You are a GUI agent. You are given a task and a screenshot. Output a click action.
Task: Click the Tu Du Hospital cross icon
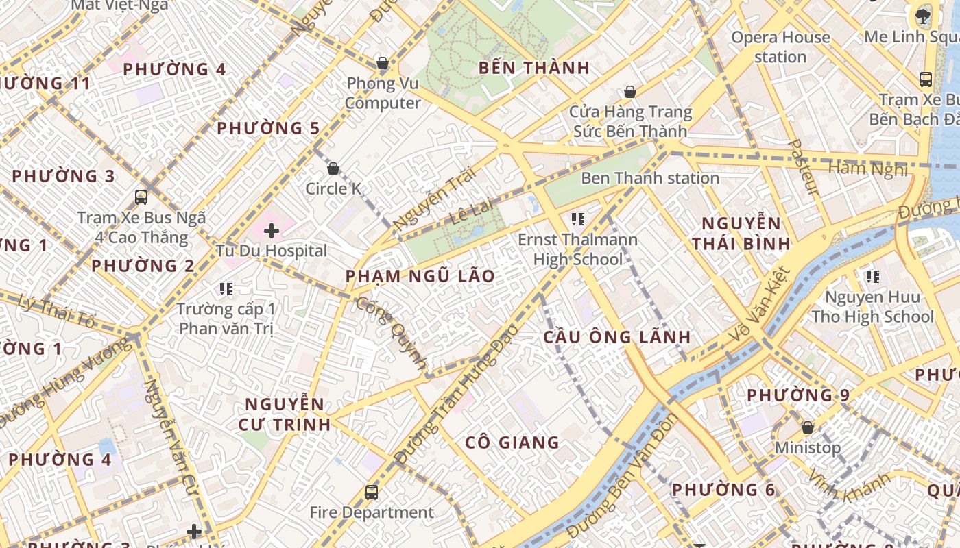pyautogui.click(x=272, y=231)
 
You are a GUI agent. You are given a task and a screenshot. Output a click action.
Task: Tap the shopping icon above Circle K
pyautogui.click(x=333, y=169)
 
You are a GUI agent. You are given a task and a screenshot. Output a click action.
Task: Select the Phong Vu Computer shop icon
pyautogui.click(x=383, y=64)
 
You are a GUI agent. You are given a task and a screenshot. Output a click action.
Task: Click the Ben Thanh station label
pyautogui.click(x=650, y=178)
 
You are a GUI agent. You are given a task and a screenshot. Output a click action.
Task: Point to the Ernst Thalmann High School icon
pyautogui.click(x=578, y=219)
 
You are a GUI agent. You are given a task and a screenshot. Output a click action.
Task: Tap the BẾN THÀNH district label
pyautogui.click(x=534, y=68)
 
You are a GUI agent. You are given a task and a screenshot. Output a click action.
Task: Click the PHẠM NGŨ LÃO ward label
pyautogui.click(x=420, y=276)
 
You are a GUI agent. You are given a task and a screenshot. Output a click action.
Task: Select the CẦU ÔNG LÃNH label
pyautogui.click(x=617, y=337)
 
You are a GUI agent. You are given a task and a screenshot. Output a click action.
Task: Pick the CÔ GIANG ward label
pyautogui.click(x=512, y=443)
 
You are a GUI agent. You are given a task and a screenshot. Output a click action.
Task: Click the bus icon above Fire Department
pyautogui.click(x=372, y=492)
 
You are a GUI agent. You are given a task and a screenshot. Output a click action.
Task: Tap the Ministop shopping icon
pyautogui.click(x=808, y=427)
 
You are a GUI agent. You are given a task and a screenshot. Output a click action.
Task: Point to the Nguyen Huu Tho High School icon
pyautogui.click(x=873, y=277)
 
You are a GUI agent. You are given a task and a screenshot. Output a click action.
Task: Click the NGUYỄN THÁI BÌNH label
pyautogui.click(x=741, y=233)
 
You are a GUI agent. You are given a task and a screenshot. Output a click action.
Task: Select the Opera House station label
pyautogui.click(x=780, y=47)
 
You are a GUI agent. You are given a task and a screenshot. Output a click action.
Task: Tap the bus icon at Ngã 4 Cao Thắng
pyautogui.click(x=141, y=197)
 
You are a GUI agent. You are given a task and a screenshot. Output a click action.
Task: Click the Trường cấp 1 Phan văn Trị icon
pyautogui.click(x=226, y=289)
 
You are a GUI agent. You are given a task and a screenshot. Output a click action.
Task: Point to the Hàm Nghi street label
pyautogui.click(x=867, y=169)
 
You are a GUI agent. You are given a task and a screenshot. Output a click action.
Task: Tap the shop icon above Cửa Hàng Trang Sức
pyautogui.click(x=629, y=92)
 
